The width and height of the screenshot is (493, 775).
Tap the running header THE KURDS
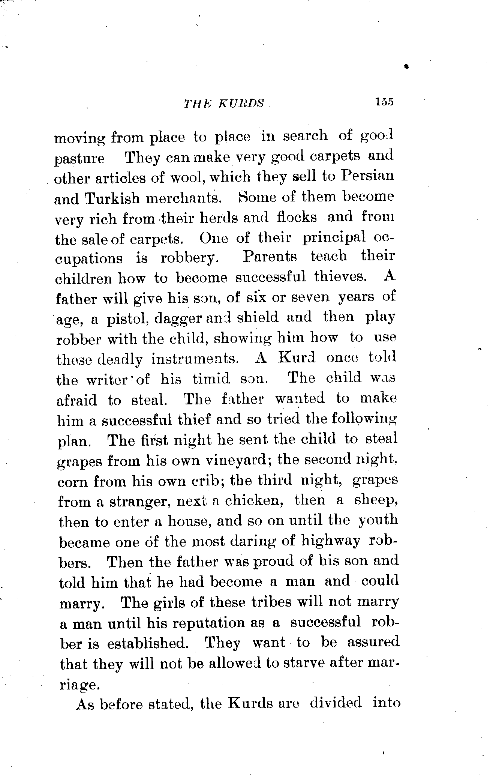click(224, 104)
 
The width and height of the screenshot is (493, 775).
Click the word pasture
click(79, 159)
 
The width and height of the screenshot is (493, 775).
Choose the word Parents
click(270, 257)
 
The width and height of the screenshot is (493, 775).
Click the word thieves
click(339, 277)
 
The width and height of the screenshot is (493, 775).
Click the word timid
click(211, 379)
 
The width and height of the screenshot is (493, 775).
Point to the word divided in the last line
click(336, 703)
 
